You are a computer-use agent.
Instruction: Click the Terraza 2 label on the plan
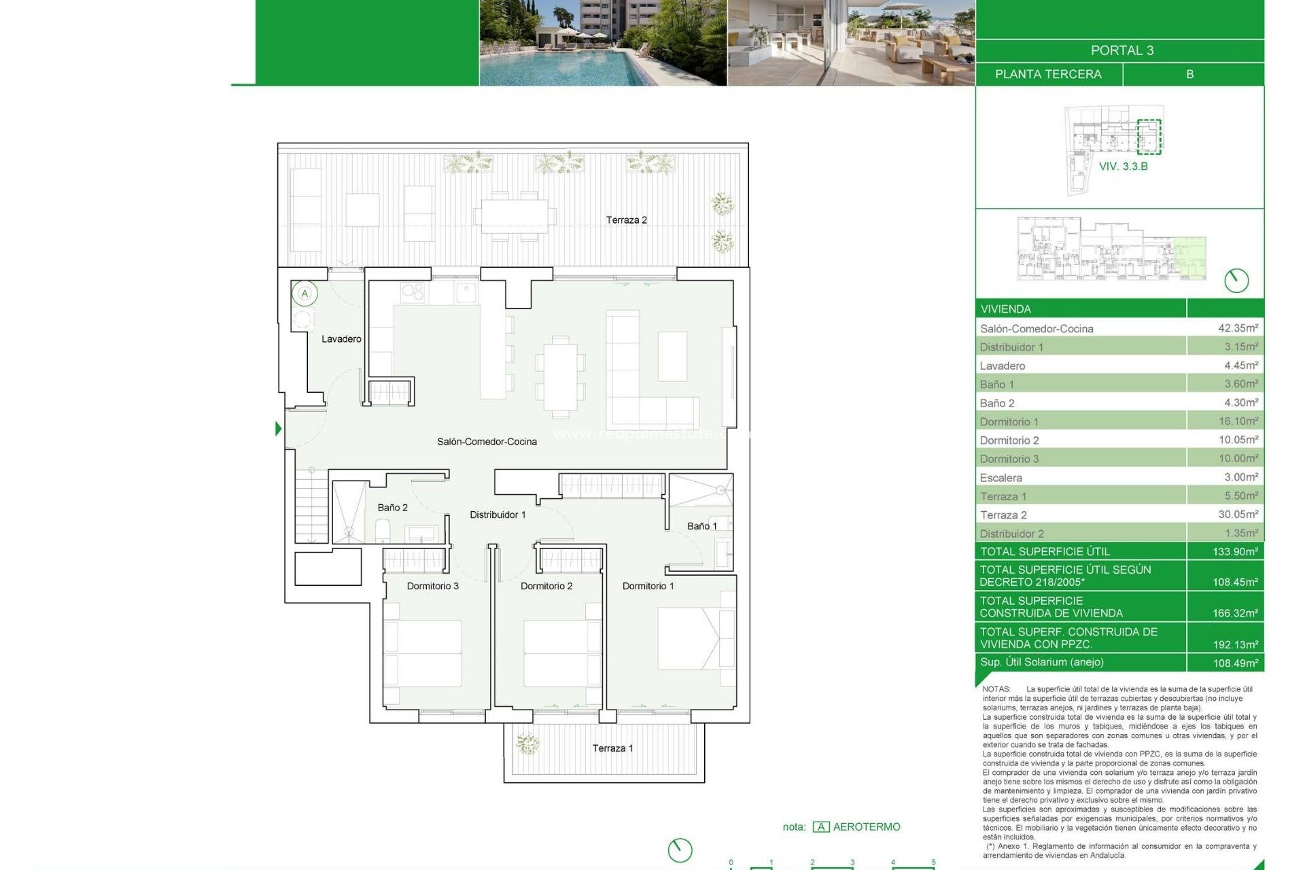[x=626, y=220]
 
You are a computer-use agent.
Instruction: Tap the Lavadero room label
[x=341, y=338]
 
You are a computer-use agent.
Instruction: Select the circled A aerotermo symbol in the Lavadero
[x=304, y=294]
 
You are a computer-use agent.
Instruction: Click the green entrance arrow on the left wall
[x=278, y=429]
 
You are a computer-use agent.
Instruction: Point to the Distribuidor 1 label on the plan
[x=498, y=515]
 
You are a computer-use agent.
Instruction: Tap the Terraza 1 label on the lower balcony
[x=612, y=748]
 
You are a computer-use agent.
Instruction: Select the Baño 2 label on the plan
[x=392, y=508]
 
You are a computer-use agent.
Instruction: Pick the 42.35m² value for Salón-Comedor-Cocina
[x=1237, y=328]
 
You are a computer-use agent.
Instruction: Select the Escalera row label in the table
[x=1000, y=478]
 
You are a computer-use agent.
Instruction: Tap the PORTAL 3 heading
[x=1121, y=50]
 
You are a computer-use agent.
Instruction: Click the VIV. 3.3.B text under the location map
[x=1123, y=167]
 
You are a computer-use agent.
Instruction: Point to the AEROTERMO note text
[x=866, y=826]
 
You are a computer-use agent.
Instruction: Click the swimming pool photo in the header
[x=602, y=43]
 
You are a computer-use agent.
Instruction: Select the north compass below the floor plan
[x=680, y=850]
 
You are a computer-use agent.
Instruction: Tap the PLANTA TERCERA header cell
[x=1048, y=74]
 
